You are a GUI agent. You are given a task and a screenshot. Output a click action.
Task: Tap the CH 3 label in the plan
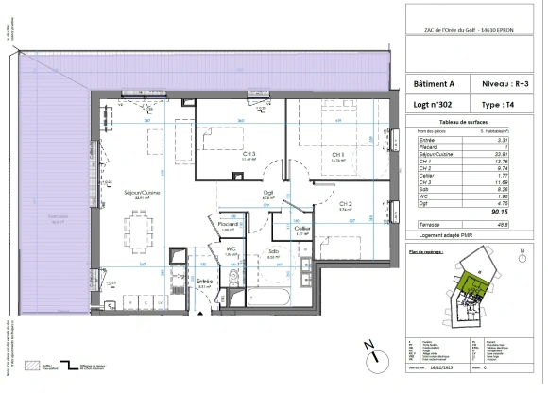click(x=223, y=155)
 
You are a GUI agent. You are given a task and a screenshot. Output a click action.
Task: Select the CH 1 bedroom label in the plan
click(x=336, y=155)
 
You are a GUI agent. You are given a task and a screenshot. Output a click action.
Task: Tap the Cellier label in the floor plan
click(x=302, y=228)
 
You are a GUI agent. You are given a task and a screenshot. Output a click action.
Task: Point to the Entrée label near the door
click(x=202, y=282)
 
